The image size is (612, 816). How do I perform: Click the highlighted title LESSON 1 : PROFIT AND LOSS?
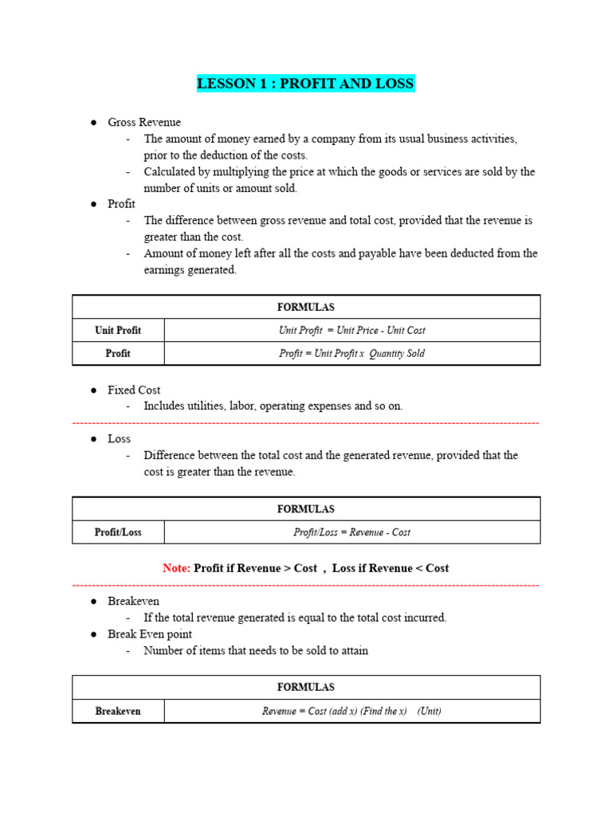pyautogui.click(x=306, y=84)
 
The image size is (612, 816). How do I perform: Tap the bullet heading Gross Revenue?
pyautogui.click(x=144, y=122)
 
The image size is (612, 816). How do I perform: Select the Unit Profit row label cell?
pyautogui.click(x=118, y=331)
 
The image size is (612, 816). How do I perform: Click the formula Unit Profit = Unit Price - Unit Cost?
pyautogui.click(x=351, y=331)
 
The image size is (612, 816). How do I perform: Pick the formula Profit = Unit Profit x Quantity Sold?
pyautogui.click(x=351, y=354)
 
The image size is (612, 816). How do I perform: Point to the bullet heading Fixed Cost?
pyautogui.click(x=134, y=390)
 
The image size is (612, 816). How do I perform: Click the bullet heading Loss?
pyautogui.click(x=120, y=438)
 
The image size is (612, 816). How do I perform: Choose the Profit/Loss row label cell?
pyautogui.click(x=118, y=532)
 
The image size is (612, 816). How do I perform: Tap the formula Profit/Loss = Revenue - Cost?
pyautogui.click(x=351, y=532)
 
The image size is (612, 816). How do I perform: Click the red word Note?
pyautogui.click(x=176, y=568)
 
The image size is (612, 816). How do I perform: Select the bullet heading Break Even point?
pyautogui.click(x=150, y=634)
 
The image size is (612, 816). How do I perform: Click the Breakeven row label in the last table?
pyautogui.click(x=118, y=711)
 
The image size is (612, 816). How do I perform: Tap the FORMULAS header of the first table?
pyautogui.click(x=306, y=307)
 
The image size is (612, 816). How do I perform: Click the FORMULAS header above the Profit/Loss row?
pyautogui.click(x=306, y=508)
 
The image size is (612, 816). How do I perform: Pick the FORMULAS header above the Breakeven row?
pyautogui.click(x=306, y=687)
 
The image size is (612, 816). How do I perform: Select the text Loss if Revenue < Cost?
pyautogui.click(x=390, y=568)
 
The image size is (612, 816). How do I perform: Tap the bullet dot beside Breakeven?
pyautogui.click(x=93, y=602)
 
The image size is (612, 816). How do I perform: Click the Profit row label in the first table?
pyautogui.click(x=118, y=354)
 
